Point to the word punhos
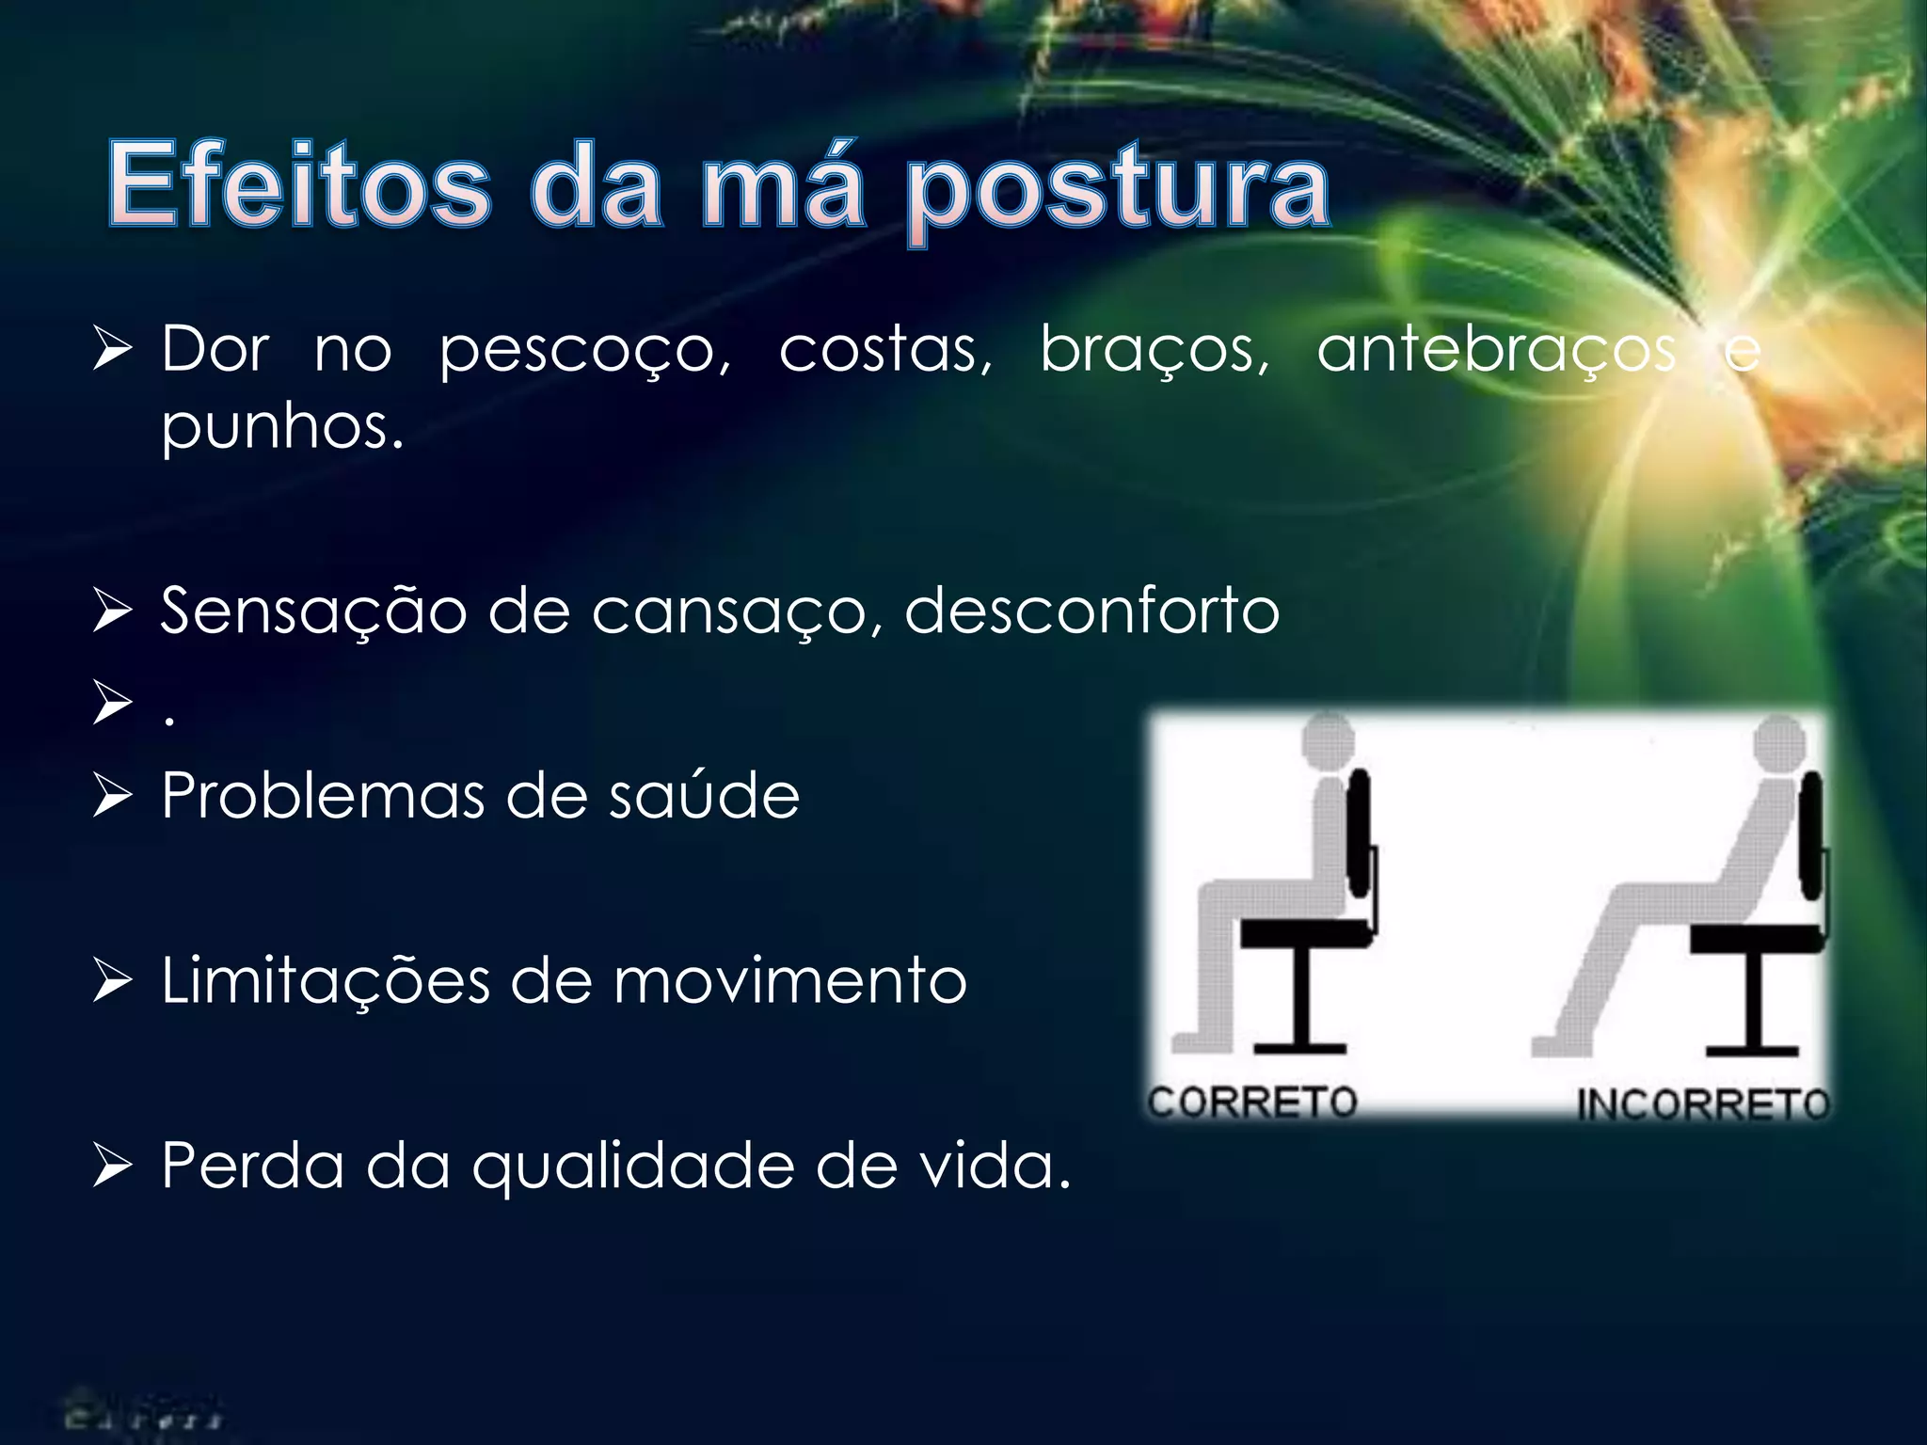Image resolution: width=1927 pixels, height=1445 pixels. coord(282,428)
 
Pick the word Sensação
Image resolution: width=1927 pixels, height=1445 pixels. coord(313,611)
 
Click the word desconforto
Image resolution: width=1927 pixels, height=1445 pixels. coord(1091,611)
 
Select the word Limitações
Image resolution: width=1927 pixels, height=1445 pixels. coord(326,981)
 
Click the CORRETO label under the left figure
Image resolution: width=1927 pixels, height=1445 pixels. coord(1252,1102)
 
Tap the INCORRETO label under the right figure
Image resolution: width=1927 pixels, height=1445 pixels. coord(1703,1104)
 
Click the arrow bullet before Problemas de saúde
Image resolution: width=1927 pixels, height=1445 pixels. coord(113,796)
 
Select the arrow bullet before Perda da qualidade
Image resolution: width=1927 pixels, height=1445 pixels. coord(113,1167)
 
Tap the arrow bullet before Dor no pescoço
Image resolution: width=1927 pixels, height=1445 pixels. coord(113,350)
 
